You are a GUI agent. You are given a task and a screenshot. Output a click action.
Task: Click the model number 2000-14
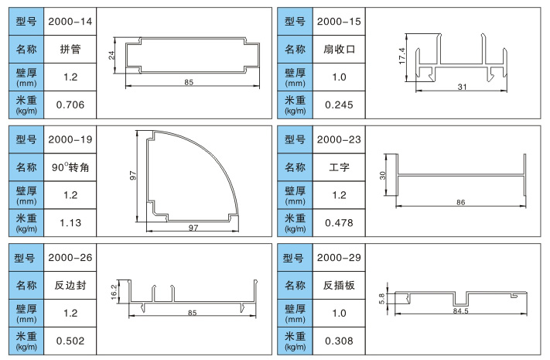[70, 21]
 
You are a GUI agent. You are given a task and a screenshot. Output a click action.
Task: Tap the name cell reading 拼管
[70, 50]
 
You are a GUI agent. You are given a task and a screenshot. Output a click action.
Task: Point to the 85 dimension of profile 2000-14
[189, 82]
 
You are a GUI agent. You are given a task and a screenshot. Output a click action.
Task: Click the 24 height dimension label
[111, 55]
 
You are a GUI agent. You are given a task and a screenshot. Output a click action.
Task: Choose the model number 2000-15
[339, 21]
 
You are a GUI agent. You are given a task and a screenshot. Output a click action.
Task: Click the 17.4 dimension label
[402, 56]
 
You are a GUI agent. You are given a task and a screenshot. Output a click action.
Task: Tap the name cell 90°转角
[70, 167]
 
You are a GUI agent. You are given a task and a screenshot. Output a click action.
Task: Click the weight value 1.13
[70, 222]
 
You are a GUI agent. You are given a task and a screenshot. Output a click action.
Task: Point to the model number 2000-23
[339, 140]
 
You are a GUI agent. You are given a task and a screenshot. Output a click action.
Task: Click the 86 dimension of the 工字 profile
[462, 201]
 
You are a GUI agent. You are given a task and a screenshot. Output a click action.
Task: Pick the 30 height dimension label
[383, 174]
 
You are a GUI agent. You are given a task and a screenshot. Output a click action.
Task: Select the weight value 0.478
[339, 222]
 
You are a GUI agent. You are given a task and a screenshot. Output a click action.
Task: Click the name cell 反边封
[70, 285]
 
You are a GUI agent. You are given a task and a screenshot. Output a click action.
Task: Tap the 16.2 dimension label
[114, 290]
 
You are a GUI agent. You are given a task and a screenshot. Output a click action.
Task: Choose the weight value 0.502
[70, 340]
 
